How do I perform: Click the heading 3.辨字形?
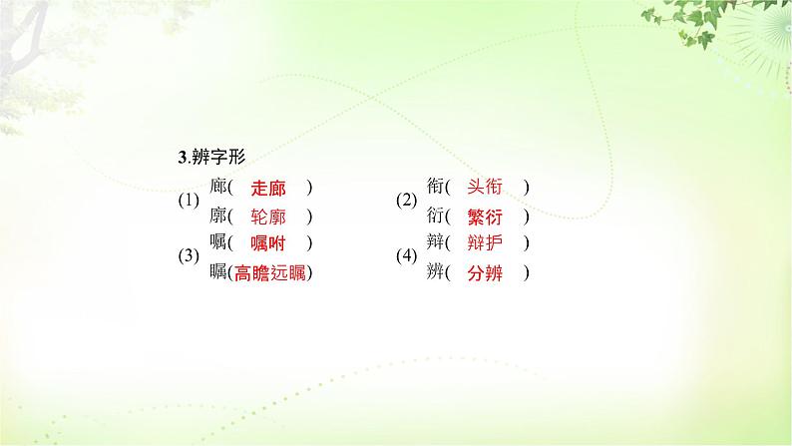tap(203, 157)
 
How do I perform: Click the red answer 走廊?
tap(267, 187)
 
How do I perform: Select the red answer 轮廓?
tap(267, 216)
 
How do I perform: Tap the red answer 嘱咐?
tap(267, 243)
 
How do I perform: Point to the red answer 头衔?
tap(485, 187)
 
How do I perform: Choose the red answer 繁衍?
tap(485, 216)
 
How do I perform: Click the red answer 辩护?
tap(485, 243)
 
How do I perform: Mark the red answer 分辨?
tap(485, 272)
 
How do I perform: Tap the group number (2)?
tap(406, 202)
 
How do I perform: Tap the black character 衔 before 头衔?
tap(435, 187)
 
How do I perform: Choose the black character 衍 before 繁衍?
tap(435, 216)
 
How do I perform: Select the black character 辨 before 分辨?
tap(435, 272)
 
